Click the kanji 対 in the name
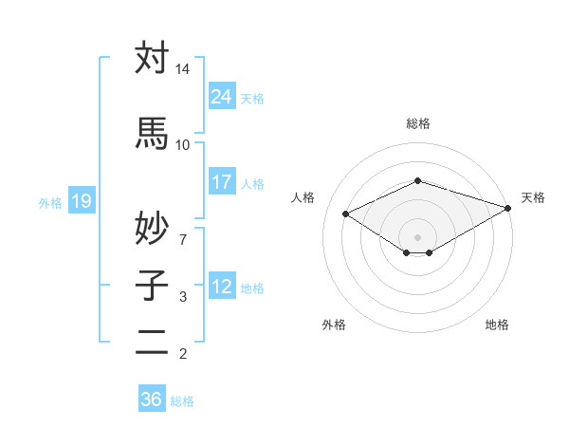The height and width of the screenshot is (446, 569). pos(152,58)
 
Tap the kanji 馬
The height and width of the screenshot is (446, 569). pos(152,133)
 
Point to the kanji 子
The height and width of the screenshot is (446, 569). pos(152,285)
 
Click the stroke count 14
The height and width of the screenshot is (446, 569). pos(182,70)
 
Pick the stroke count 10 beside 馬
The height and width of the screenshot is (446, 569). pos(182,144)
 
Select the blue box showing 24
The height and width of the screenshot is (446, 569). pos(222,96)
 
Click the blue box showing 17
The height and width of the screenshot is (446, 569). pos(222,181)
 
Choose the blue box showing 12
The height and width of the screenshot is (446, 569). pos(222,286)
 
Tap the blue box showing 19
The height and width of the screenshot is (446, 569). pos(82,200)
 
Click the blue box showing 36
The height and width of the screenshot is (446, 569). pos(151,400)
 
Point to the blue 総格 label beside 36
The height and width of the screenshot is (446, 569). pos(182,401)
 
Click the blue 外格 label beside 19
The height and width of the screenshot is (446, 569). pos(50,202)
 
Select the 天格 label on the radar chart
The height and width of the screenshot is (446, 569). pos(533,197)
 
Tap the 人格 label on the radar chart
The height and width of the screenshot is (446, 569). pos(303,197)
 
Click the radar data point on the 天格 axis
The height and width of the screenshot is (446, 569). pos(509,208)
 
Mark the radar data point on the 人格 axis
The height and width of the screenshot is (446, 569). pos(346,214)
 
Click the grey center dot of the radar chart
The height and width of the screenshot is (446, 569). pos(417,235)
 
